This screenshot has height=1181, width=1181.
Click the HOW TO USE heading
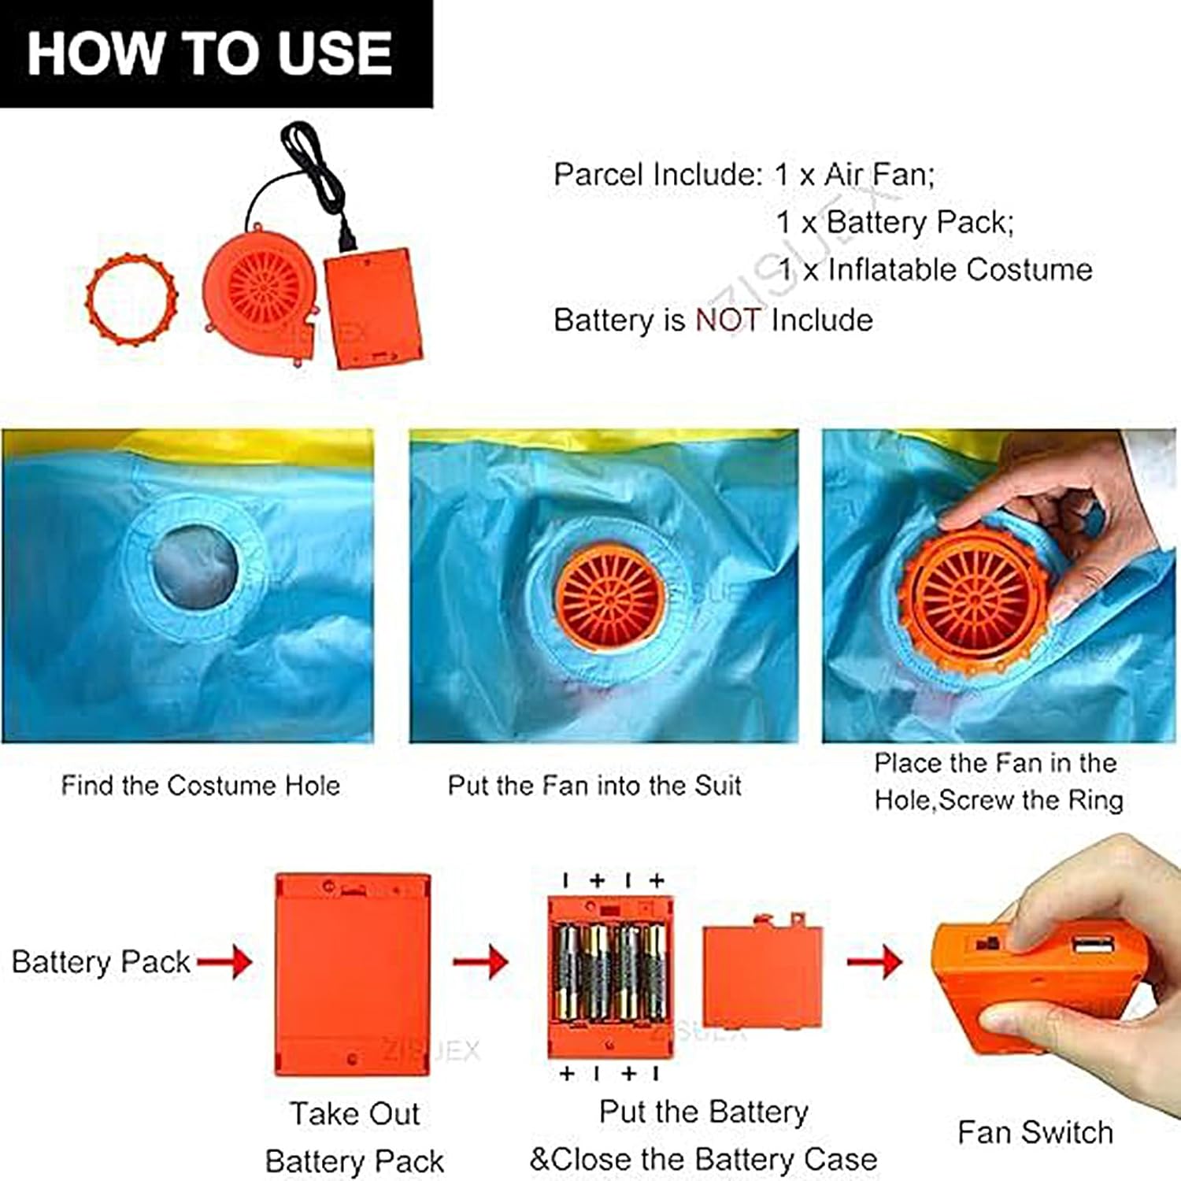pos(209,53)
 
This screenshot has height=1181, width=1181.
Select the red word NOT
pos(727,320)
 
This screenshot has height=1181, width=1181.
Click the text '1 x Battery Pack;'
pos(895,223)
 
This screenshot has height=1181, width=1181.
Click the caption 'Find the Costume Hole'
pos(201,785)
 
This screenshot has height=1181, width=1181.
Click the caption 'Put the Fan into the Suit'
pos(594,785)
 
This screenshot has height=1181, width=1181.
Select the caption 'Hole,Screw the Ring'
pos(998,800)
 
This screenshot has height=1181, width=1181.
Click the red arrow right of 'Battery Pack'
pos(224,961)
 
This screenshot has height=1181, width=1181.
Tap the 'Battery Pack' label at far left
pos(101,962)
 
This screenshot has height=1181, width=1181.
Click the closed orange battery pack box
pos(353,974)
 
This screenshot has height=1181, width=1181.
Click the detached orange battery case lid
pos(762,973)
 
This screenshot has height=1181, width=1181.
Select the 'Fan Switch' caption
pos(1035,1132)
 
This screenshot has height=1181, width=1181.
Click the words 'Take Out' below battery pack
pos(354,1114)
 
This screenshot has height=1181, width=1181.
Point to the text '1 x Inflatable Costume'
pos(935,270)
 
